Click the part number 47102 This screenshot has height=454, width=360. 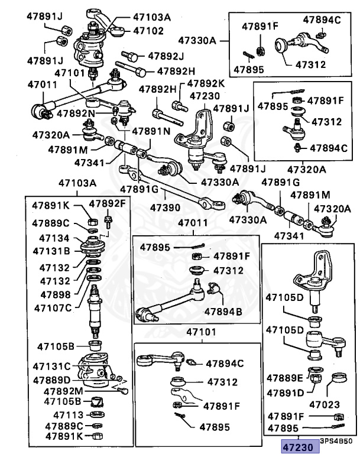click(148, 30)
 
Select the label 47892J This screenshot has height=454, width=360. click(166, 56)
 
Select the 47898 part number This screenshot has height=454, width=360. click(57, 294)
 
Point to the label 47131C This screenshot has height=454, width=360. click(52, 367)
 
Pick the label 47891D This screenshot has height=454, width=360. click(285, 392)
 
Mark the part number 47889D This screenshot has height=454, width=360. click(51, 380)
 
